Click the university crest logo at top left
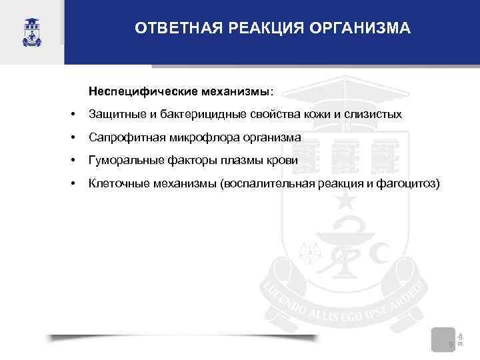(x=32, y=31)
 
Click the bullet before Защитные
(x=73, y=115)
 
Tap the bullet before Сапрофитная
(x=73, y=138)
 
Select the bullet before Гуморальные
(x=73, y=161)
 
